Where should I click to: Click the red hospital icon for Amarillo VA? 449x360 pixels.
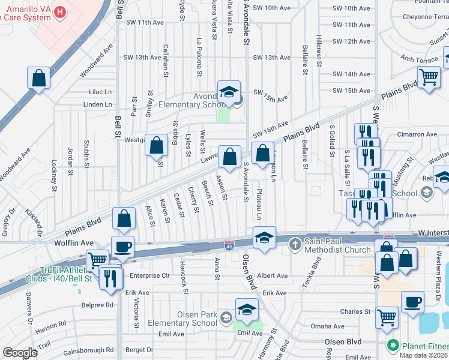[x=59, y=11]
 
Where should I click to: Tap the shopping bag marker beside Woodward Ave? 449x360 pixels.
[x=38, y=79]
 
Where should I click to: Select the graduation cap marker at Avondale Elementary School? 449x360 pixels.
[x=229, y=92]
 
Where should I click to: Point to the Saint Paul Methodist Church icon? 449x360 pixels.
[x=294, y=244]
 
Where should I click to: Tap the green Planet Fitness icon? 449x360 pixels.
[x=393, y=346]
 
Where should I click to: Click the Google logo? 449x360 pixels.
[x=20, y=352]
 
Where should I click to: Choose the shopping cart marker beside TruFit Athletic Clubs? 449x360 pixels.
[x=97, y=261]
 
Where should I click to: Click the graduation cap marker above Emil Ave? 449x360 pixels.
[x=246, y=310]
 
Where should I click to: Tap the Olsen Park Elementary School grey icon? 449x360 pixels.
[x=226, y=317]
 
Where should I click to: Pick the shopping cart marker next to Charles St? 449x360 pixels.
[x=387, y=317]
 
